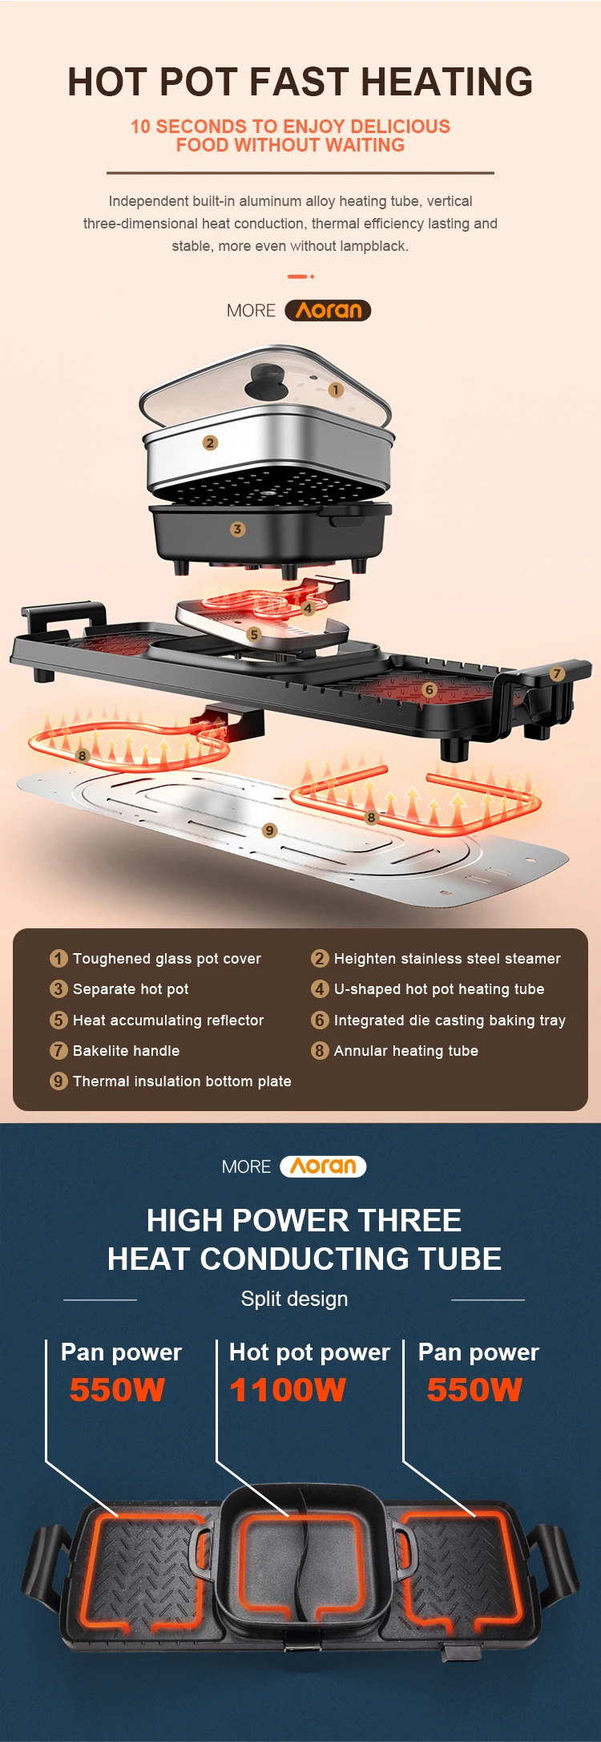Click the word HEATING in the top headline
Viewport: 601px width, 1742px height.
(x=446, y=82)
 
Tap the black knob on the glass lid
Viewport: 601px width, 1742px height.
(x=267, y=378)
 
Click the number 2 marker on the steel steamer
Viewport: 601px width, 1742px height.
(x=210, y=443)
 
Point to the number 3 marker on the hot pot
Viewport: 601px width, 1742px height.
(x=237, y=529)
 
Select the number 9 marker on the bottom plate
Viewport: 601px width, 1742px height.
(x=269, y=831)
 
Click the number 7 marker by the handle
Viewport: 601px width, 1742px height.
(x=557, y=674)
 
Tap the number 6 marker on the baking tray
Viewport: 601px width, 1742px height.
(x=429, y=689)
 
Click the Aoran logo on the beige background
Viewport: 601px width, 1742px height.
(x=328, y=310)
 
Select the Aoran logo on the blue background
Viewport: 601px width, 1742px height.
(x=323, y=1166)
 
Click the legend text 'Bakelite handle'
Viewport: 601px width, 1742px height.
(x=126, y=1051)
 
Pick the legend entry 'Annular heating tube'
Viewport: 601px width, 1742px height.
(x=405, y=1051)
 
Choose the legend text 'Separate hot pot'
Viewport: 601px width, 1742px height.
(x=131, y=989)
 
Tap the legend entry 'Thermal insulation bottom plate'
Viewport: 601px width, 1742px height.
(x=182, y=1081)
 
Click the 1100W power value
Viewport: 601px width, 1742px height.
(x=288, y=1390)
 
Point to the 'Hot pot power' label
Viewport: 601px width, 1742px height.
(x=309, y=1352)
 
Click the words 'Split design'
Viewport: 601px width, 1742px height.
(x=294, y=1299)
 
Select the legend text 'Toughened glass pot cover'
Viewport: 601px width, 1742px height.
(x=167, y=959)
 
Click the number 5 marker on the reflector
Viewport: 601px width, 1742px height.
(x=253, y=634)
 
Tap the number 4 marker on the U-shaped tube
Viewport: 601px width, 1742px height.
(x=308, y=608)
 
